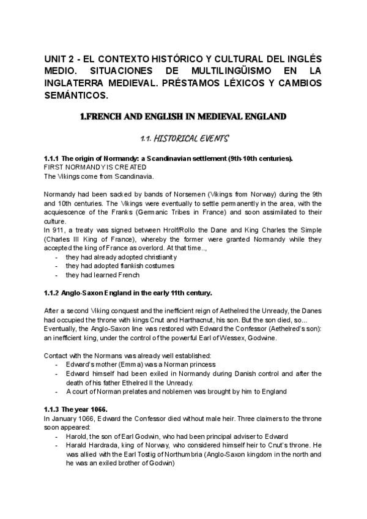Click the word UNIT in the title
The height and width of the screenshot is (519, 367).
(x=55, y=58)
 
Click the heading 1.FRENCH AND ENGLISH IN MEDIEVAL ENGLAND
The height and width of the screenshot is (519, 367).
(x=183, y=116)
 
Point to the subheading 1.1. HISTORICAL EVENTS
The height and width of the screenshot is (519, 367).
(x=183, y=140)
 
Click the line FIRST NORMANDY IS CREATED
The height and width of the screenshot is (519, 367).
(x=95, y=167)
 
